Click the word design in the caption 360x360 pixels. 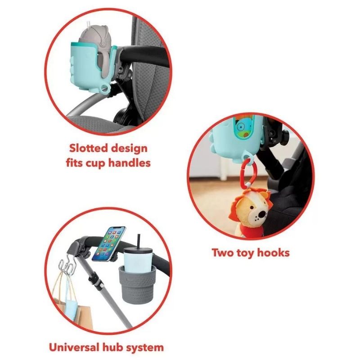pos(129,148)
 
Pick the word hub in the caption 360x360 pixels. pos(108,347)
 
